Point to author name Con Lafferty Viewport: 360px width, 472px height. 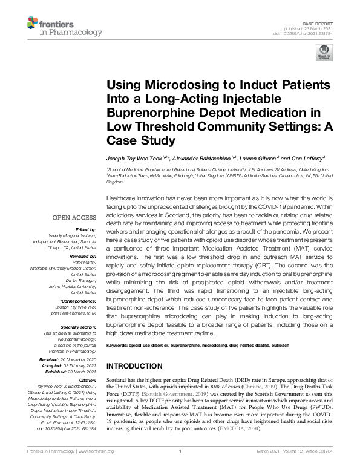click(308, 157)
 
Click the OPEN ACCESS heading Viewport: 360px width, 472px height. click(74, 217)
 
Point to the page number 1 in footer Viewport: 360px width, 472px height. click(180, 467)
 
